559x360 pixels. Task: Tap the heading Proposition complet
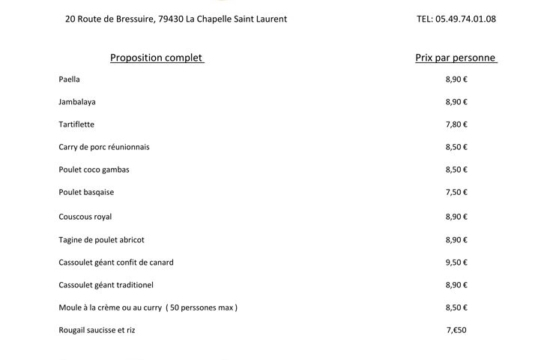(x=157, y=58)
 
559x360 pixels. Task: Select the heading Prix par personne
(x=456, y=58)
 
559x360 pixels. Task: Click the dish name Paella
(x=69, y=79)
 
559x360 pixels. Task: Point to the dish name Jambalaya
(x=77, y=102)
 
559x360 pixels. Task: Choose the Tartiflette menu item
(x=76, y=124)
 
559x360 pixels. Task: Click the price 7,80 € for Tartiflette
(x=456, y=124)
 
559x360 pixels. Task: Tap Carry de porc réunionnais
(x=104, y=147)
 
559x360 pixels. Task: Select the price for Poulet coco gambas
(x=456, y=169)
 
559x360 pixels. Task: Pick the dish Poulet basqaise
(x=86, y=192)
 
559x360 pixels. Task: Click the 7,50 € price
(x=456, y=192)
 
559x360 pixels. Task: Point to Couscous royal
(x=85, y=217)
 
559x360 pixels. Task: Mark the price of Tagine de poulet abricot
(x=456, y=240)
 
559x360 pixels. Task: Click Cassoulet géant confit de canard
(x=116, y=262)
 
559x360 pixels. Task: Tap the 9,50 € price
(x=456, y=262)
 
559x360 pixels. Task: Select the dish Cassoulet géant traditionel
(x=106, y=285)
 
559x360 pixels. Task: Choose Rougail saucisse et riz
(x=97, y=330)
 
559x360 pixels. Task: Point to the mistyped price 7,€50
(x=456, y=330)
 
